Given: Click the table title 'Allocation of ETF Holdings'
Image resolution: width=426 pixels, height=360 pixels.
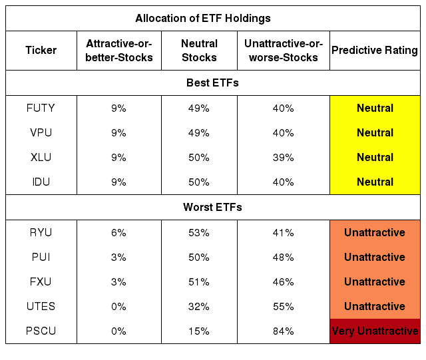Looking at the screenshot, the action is tap(203, 18).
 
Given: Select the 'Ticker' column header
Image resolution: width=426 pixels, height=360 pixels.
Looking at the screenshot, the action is tap(41, 51).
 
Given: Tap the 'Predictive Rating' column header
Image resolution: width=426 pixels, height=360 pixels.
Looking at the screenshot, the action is tap(375, 51).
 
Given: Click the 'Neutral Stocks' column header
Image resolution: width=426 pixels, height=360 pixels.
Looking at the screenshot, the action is tap(199, 51).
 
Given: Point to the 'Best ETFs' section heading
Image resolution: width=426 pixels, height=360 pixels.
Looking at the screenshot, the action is tap(212, 83).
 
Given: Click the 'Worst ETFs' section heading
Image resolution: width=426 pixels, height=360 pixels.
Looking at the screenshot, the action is tap(212, 207).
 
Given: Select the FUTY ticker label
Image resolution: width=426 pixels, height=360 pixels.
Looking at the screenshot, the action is tap(41, 108).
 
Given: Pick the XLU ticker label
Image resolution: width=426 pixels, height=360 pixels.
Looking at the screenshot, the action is tap(41, 157).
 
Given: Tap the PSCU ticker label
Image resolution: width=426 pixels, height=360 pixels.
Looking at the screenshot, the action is tap(41, 331).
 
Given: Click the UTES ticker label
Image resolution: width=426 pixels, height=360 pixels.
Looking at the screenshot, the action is tap(41, 306).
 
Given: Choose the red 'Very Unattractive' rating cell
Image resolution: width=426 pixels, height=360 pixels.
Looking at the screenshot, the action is tap(375, 331).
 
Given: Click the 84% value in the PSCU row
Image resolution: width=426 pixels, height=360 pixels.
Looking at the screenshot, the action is tap(284, 331).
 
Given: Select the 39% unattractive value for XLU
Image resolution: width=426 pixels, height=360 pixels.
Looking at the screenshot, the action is tap(284, 158).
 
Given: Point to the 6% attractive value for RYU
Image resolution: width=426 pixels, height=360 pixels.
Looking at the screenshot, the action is tap(118, 233).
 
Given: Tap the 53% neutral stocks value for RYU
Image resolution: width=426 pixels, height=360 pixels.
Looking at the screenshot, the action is tap(199, 233).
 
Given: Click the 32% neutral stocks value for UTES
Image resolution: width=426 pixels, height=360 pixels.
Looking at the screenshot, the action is tap(199, 307).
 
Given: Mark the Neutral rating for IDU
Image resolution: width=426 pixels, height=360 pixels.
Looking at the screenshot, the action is tap(375, 182).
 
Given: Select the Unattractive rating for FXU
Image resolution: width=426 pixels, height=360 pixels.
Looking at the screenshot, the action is tap(375, 281).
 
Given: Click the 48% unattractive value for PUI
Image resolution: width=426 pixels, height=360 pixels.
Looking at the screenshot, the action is tap(284, 258).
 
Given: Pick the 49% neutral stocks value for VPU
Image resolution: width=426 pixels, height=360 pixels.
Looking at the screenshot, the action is tap(199, 133).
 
